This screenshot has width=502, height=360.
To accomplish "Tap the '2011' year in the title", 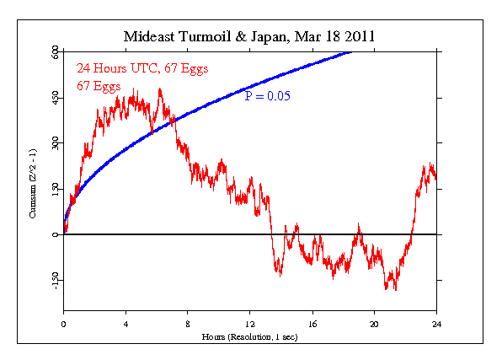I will [x=358, y=38].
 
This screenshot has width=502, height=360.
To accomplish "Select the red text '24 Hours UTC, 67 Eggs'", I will [x=142, y=68].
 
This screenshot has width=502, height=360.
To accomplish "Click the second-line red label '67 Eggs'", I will [x=98, y=85].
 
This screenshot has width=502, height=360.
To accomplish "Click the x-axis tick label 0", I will [x=64, y=324].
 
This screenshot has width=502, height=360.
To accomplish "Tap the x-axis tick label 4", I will [x=126, y=324].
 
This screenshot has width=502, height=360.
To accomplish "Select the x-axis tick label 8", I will [x=188, y=324].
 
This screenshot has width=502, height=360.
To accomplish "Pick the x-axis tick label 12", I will [x=250, y=324].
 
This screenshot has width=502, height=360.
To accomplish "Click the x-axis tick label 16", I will [x=312, y=324].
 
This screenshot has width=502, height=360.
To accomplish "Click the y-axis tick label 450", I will [x=55, y=99].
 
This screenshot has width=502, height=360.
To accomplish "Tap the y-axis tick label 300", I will [x=55, y=144].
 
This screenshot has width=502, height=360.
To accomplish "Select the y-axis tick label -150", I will [x=55, y=280].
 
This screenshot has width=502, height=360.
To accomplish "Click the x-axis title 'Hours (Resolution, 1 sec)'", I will [x=250, y=336].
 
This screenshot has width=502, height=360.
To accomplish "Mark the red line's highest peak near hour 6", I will [x=159, y=89].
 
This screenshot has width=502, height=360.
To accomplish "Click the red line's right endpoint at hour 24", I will [x=435, y=176].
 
